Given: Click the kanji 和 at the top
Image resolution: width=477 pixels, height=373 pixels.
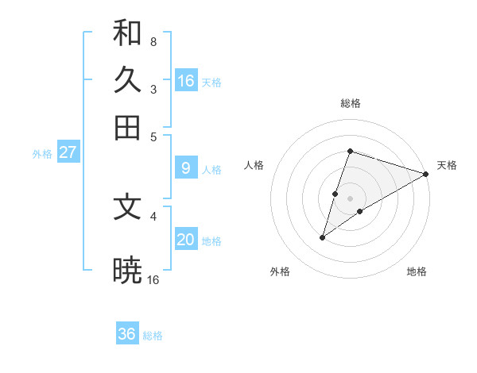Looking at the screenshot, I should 127,33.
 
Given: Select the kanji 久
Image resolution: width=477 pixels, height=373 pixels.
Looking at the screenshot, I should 127,80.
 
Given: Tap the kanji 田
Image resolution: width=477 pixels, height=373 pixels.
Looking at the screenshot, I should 127,127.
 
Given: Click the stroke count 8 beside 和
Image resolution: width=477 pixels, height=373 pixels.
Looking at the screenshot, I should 153,41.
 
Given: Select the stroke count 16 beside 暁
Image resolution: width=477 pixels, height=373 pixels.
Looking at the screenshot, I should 153,279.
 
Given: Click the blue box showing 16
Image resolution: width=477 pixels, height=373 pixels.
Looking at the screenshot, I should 186,80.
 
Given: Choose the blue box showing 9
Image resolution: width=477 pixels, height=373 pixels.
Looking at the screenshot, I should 186,167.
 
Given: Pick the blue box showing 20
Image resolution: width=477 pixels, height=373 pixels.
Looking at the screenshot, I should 186,240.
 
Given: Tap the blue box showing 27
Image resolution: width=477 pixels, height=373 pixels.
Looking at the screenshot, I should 68,152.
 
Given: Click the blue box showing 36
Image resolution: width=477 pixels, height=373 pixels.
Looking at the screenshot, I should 127,334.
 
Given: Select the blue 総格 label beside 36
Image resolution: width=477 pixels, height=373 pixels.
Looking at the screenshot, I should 153,336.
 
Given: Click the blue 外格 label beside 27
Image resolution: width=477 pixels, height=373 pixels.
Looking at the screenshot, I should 42,154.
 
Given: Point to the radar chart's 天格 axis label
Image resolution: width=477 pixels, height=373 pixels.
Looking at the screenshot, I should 447,165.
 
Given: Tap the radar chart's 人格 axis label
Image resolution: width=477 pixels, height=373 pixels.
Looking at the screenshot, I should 254,165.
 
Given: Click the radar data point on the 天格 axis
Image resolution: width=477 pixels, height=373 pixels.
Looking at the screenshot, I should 426,174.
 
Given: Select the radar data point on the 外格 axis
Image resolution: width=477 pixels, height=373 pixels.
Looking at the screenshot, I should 323,237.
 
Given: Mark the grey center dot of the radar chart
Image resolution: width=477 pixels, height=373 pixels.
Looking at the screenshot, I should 351,198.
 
